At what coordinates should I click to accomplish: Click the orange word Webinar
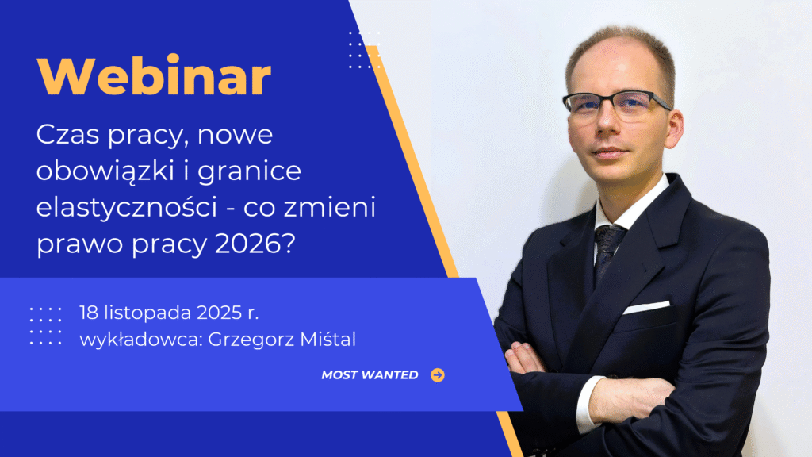tap(154, 76)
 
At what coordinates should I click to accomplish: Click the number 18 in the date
tap(88, 313)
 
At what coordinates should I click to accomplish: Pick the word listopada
tap(147, 313)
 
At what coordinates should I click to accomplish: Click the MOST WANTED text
tap(370, 374)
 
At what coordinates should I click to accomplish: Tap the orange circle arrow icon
tap(438, 374)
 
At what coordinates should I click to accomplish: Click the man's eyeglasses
tap(615, 105)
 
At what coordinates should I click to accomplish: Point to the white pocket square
tap(646, 307)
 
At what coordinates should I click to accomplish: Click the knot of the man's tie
tap(610, 236)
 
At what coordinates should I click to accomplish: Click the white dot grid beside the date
tap(45, 325)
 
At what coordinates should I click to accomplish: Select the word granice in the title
tap(249, 172)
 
